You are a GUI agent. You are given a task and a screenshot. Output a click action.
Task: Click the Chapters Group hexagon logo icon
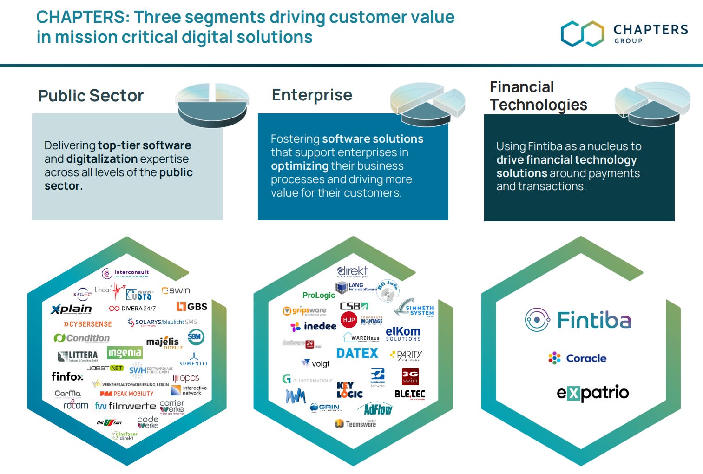(x=582, y=33)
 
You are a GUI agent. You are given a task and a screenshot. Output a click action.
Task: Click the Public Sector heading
(x=91, y=96)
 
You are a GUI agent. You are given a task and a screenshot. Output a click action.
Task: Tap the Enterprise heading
(x=312, y=95)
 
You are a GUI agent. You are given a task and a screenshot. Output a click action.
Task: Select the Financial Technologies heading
(x=538, y=96)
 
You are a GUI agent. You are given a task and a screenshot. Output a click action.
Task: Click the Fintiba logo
(x=578, y=320)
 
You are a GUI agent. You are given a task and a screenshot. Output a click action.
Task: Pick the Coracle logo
(x=578, y=358)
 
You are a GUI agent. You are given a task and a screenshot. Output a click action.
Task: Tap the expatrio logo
(x=592, y=393)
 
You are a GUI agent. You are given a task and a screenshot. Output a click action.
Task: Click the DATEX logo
(x=357, y=354)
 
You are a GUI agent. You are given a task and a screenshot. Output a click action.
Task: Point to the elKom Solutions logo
(x=403, y=334)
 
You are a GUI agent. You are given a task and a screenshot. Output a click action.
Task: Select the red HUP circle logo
(x=349, y=320)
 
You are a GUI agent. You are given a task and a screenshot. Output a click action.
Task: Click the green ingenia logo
(x=125, y=353)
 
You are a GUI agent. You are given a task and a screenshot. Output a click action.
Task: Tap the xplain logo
(x=71, y=309)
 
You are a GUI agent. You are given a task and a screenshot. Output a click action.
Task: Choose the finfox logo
(x=67, y=376)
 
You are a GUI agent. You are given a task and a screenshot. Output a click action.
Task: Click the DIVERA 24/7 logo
(x=132, y=308)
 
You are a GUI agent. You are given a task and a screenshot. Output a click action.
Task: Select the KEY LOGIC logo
(x=349, y=390)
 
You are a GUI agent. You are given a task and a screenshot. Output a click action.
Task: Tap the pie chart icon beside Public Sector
(x=213, y=104)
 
